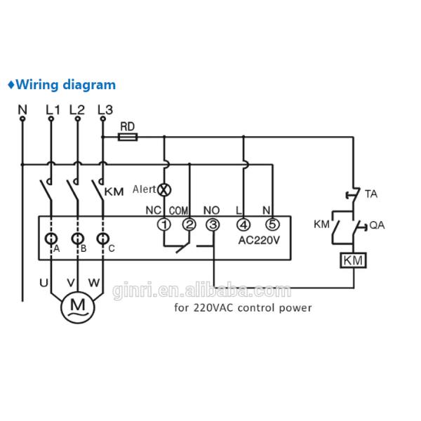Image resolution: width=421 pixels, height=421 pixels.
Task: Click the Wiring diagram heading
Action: [x=61, y=85]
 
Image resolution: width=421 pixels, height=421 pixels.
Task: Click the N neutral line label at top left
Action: [x=22, y=109]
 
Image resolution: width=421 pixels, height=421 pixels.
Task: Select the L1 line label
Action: [x=53, y=109]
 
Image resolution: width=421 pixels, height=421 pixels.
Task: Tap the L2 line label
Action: [x=77, y=109]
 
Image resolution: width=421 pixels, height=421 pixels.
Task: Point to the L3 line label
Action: [x=105, y=109]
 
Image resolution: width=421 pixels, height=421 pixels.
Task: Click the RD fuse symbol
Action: [x=128, y=138]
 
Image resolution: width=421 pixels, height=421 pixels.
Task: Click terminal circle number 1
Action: [x=163, y=225]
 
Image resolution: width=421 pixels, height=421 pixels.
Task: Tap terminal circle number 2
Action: [x=189, y=225]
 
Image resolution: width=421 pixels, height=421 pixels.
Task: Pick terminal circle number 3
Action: [x=213, y=225]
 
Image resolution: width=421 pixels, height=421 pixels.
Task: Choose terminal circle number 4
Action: [x=243, y=225]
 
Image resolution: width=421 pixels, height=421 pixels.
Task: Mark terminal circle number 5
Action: [x=272, y=225]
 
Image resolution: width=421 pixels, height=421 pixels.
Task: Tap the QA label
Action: [x=377, y=225]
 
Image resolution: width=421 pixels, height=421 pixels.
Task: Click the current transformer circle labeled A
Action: [x=51, y=238]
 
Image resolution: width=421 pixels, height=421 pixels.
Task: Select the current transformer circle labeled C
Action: [x=103, y=238]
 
